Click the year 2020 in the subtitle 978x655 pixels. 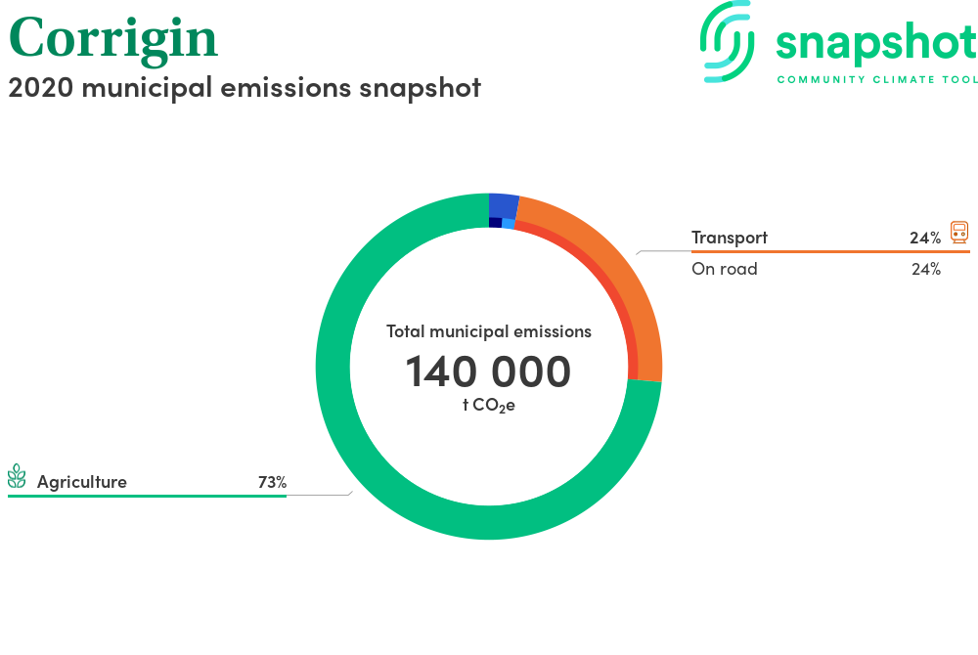point(40,87)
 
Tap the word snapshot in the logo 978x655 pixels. point(875,44)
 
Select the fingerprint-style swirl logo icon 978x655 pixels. point(727,42)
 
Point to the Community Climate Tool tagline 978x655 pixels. point(876,80)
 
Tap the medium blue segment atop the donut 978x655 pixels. point(504,204)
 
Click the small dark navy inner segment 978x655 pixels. point(495,223)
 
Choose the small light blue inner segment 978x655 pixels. point(509,224)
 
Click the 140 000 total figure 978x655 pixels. point(488,371)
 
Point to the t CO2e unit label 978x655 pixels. point(489,405)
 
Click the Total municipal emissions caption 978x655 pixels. point(489,331)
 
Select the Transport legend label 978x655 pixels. point(730,238)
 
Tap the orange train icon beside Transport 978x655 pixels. point(959,232)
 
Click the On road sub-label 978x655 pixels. point(724,269)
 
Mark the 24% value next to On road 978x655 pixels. point(926,269)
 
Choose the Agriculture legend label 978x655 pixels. point(82,482)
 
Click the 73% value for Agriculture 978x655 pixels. point(273,482)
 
